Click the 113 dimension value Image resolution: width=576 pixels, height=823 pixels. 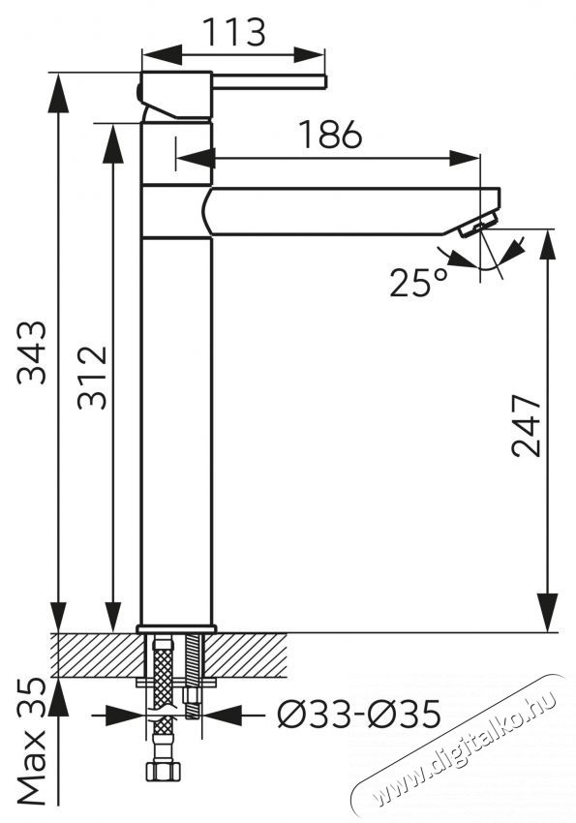(x=233, y=32)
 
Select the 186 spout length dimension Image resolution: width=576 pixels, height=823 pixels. (x=330, y=134)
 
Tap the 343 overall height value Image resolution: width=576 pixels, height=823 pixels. (x=32, y=352)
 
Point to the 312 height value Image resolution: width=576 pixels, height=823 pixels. (x=92, y=377)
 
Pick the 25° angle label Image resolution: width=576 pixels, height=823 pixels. (x=418, y=283)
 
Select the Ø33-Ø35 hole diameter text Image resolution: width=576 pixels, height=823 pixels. (x=359, y=715)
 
